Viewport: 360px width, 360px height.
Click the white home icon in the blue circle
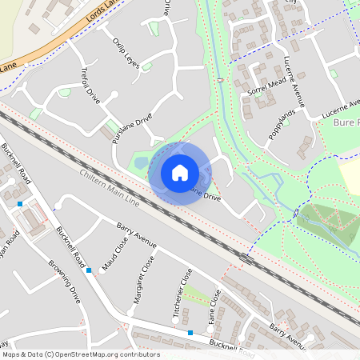click(180, 173)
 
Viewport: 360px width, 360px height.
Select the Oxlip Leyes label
click(126, 54)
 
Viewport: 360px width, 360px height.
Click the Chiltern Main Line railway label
click(109, 190)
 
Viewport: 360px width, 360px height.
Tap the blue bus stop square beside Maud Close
click(89, 270)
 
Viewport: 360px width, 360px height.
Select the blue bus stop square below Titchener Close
click(190, 332)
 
